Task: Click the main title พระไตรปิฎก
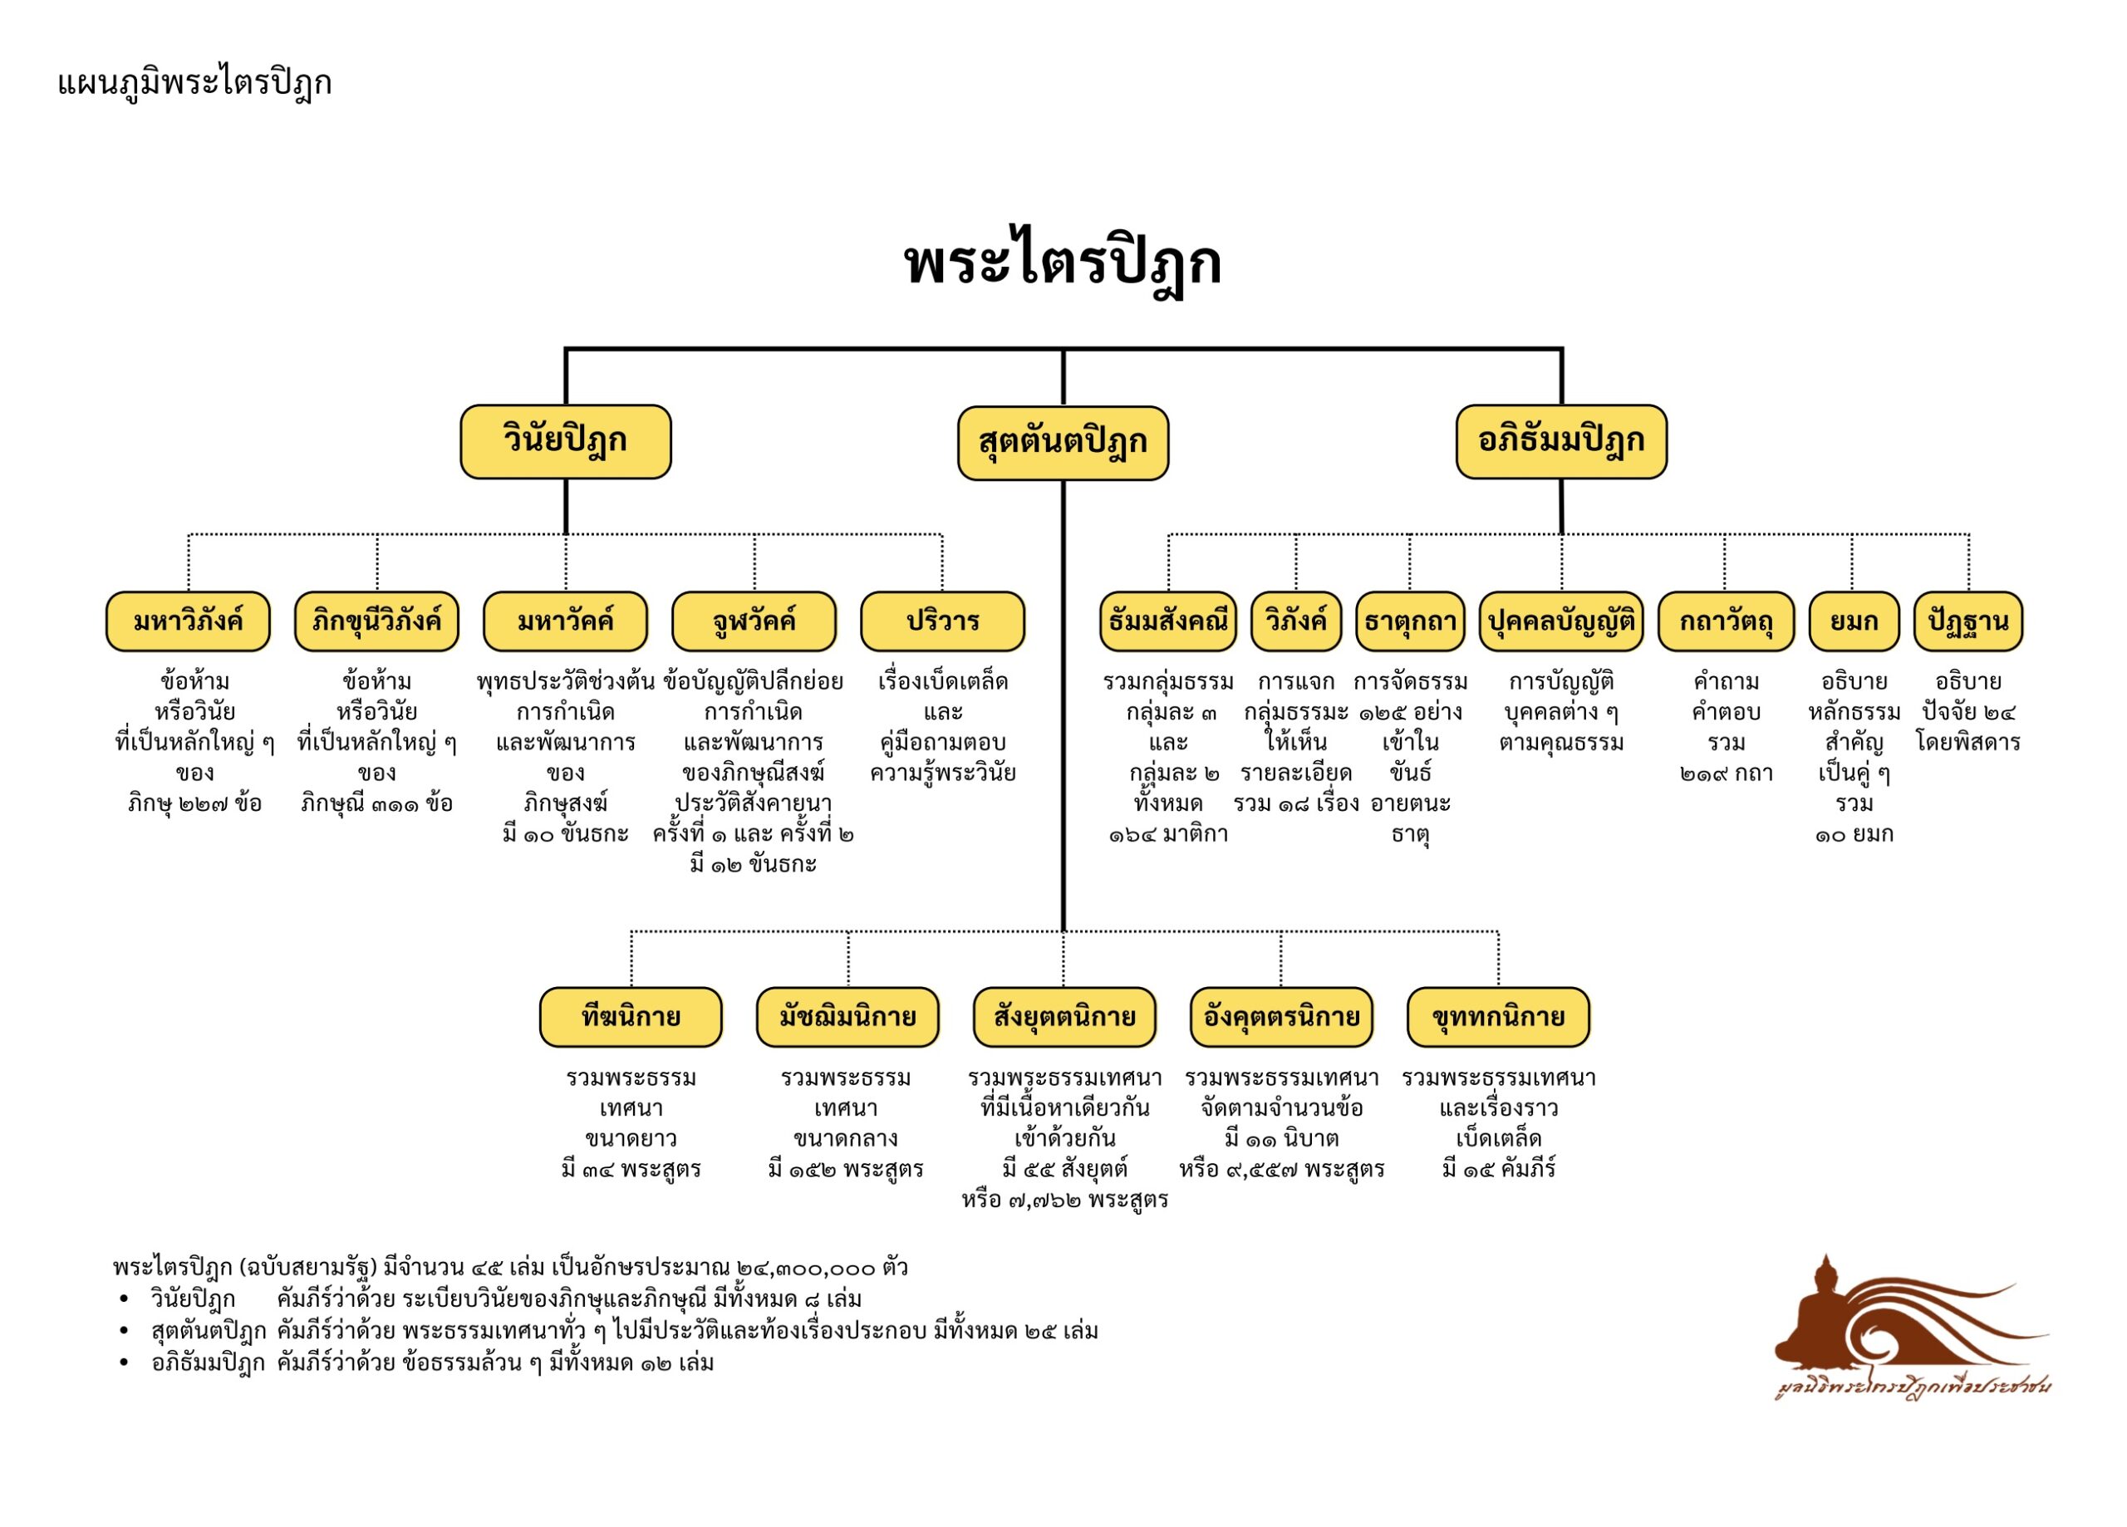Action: tap(1063, 263)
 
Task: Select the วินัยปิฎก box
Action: tap(566, 442)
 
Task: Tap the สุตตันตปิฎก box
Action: tap(1063, 443)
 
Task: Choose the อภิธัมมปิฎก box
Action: tap(1560, 442)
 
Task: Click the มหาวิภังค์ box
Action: tap(188, 621)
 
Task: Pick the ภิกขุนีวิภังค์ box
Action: tap(376, 621)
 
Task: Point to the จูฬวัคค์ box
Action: tap(754, 621)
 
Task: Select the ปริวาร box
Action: tap(942, 621)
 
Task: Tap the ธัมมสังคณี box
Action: tap(1167, 621)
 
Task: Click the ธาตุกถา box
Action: tap(1410, 621)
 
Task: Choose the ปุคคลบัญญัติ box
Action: tap(1560, 621)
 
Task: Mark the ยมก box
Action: tap(1853, 621)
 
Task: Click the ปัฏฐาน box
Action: tap(1967, 621)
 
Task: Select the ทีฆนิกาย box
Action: tap(631, 1017)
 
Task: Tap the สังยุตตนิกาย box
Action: tap(1063, 1017)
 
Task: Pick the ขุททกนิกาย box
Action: tap(1498, 1017)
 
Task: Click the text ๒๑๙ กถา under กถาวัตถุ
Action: tap(1726, 773)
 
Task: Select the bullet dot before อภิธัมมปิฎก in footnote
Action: tap(124, 1363)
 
